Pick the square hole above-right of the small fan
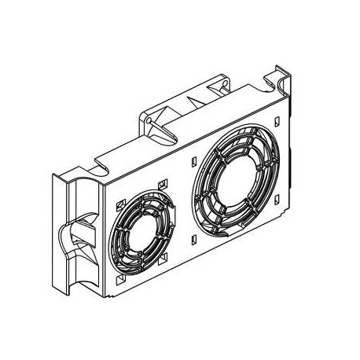(x=162, y=184)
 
